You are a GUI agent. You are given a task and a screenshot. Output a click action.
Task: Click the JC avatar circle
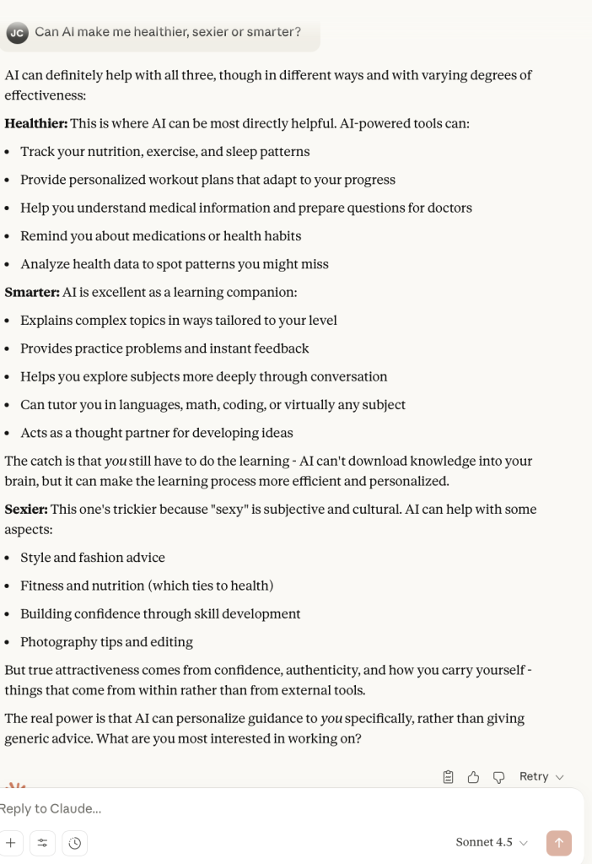click(x=17, y=33)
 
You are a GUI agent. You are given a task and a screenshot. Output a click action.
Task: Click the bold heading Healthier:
click(x=35, y=123)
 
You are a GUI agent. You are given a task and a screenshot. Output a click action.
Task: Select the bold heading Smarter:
click(x=32, y=292)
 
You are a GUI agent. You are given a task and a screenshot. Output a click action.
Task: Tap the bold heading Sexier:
click(x=26, y=509)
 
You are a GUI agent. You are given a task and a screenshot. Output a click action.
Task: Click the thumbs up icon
click(x=473, y=776)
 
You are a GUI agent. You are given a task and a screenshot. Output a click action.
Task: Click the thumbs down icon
click(x=498, y=776)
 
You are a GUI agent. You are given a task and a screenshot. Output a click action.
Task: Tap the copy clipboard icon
click(x=449, y=776)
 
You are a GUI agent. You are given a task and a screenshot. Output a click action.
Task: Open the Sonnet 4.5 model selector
click(x=492, y=842)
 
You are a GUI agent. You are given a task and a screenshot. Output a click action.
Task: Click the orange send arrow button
click(x=558, y=842)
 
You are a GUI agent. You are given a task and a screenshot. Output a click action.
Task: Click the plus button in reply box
click(x=11, y=842)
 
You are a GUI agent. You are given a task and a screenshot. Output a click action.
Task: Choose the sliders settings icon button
click(x=42, y=842)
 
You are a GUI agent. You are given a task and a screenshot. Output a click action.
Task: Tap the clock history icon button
click(x=74, y=842)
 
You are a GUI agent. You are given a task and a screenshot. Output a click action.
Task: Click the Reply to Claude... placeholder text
click(x=51, y=808)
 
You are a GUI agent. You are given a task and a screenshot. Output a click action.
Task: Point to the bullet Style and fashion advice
click(x=93, y=558)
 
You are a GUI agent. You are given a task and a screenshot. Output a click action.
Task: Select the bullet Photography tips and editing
click(x=106, y=642)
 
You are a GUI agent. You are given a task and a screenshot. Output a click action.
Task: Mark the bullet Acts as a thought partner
click(x=157, y=433)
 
